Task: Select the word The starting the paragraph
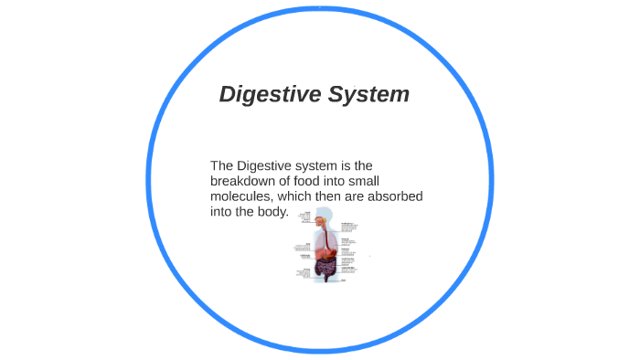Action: (x=222, y=165)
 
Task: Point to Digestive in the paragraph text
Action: (x=265, y=165)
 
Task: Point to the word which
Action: (x=304, y=196)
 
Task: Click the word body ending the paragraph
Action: (x=272, y=212)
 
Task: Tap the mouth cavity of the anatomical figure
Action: (x=321, y=222)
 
